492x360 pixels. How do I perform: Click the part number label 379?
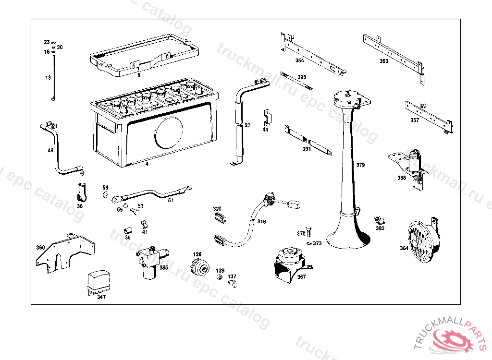360,165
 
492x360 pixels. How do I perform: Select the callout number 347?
101,297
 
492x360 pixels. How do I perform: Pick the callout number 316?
261,222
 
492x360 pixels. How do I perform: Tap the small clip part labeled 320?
220,218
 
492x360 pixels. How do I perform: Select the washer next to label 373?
308,243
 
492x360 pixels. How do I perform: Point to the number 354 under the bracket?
299,61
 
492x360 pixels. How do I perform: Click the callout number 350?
384,61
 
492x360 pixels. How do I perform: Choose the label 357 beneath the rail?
415,120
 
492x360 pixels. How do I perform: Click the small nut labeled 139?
219,277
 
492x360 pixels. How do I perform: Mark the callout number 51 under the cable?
171,201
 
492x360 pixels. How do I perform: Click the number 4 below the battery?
147,164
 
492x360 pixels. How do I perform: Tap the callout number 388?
402,178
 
